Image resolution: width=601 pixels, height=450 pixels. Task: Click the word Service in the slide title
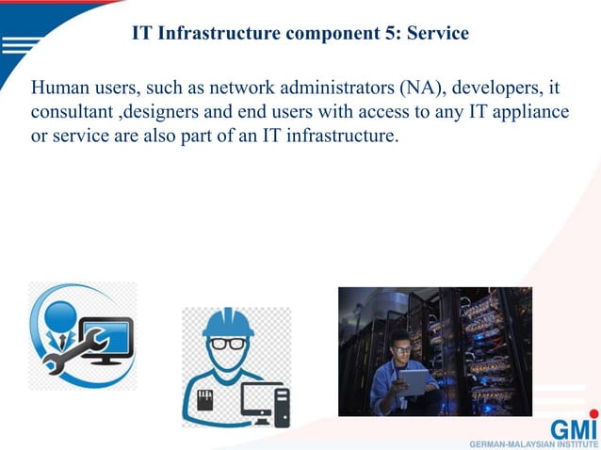438,35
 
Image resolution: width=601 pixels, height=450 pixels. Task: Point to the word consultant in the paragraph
69,113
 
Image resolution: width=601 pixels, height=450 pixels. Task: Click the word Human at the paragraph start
59,88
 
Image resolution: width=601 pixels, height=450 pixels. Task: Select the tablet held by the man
414,381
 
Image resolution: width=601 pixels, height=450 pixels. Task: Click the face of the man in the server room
401,353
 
